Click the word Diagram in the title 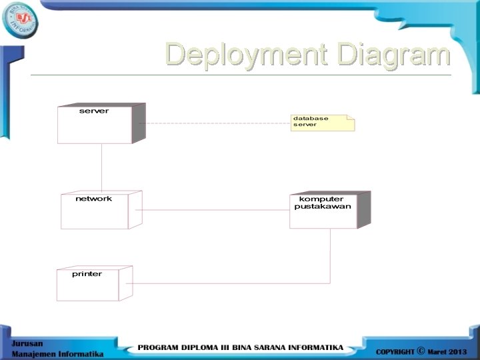point(393,55)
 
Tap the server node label point(94,111)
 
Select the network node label point(93,199)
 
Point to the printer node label point(87,274)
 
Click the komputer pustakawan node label point(323,203)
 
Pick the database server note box point(322,123)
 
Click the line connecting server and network point(102,167)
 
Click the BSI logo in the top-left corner point(20,20)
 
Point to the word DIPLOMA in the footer point(204,348)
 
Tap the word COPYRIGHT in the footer point(395,351)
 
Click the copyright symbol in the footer point(420,351)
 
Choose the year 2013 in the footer point(457,351)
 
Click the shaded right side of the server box point(139,123)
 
